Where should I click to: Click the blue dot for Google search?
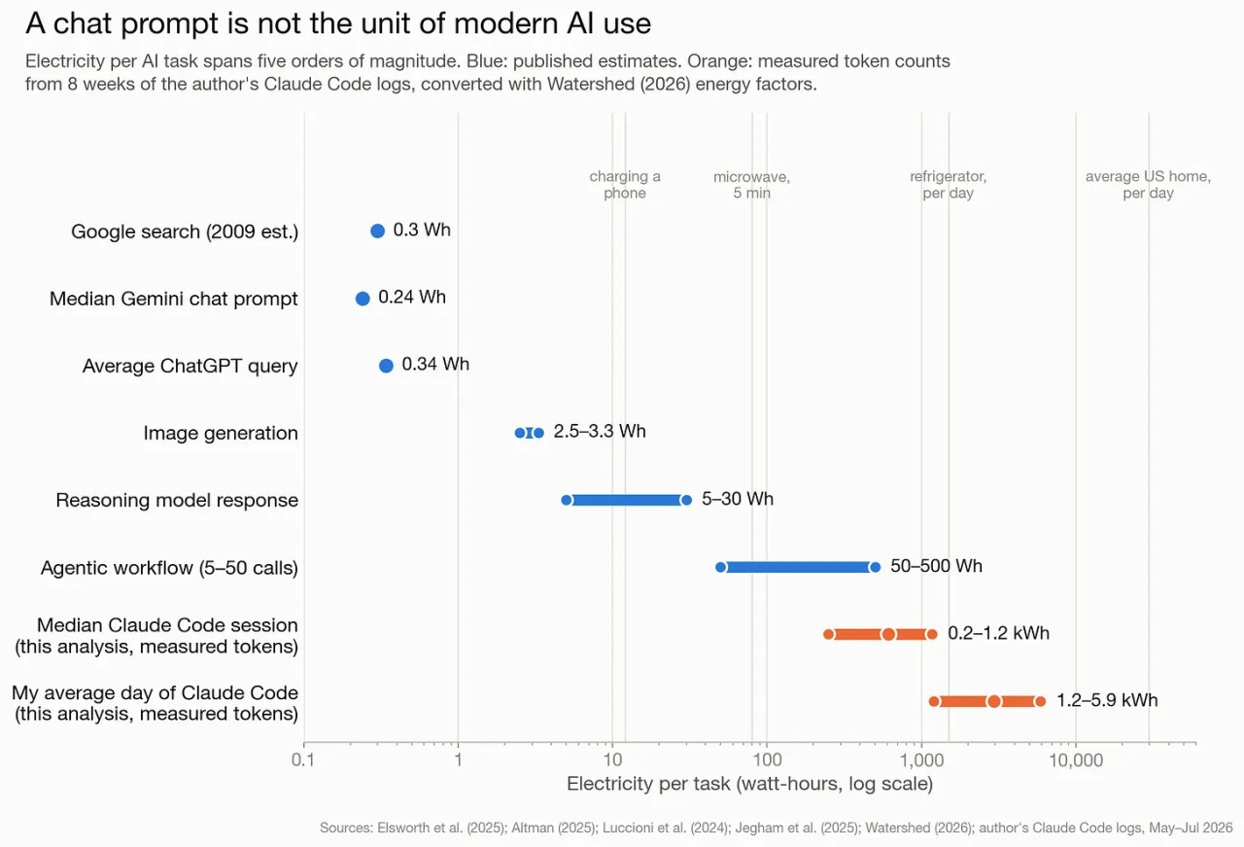tap(378, 230)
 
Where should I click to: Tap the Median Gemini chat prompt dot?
tap(363, 299)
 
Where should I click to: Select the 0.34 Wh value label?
tap(435, 364)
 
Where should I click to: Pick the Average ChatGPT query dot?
tap(386, 366)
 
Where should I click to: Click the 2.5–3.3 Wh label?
tap(600, 432)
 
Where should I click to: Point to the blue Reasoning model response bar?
tap(627, 500)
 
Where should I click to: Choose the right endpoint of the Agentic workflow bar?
tap(876, 568)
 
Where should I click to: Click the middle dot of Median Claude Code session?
tap(888, 634)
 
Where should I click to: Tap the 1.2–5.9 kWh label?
tap(1107, 700)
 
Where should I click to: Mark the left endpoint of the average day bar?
tap(934, 701)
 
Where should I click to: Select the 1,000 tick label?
tap(922, 759)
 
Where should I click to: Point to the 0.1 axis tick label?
tap(303, 759)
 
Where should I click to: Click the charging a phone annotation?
tap(625, 185)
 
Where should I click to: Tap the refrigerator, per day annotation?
tap(948, 185)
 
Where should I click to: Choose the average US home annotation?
tap(1148, 185)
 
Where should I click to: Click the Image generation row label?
tap(221, 433)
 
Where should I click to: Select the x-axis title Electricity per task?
tap(749, 784)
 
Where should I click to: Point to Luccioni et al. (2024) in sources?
tap(664, 828)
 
